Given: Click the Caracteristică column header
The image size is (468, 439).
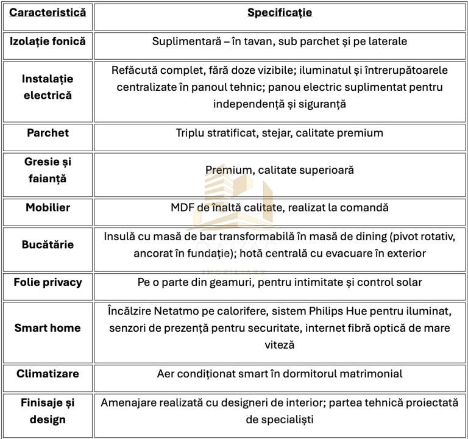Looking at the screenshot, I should click(48, 12).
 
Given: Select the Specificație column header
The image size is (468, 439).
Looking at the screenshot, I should click(280, 12).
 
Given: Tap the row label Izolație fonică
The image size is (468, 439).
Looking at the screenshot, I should click(48, 41).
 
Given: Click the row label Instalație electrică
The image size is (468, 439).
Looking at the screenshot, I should click(48, 87).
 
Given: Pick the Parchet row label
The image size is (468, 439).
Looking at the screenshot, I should click(48, 132).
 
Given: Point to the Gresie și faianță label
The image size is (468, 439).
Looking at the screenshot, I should click(48, 171).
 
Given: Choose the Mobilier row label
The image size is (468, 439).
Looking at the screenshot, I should click(48, 207).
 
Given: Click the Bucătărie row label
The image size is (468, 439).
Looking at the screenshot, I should click(48, 244).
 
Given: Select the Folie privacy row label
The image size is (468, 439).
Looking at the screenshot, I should click(48, 282).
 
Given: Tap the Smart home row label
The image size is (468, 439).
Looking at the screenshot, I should click(48, 327).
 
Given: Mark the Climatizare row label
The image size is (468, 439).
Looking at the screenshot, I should click(48, 373).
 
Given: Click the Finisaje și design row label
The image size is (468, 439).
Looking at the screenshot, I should click(48, 411).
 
